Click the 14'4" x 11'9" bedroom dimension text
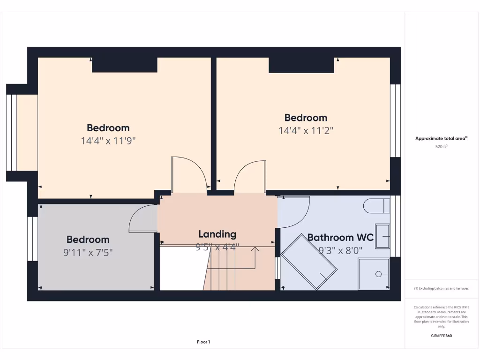click(108, 140)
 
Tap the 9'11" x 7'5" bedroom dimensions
click(88, 253)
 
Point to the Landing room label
click(217, 234)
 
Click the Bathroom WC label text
click(340, 238)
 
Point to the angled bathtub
click(308, 262)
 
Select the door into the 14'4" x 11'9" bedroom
click(188, 175)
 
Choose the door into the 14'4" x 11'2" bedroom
click(250, 176)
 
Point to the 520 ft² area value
click(441, 146)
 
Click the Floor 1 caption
click(203, 342)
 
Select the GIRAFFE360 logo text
click(441, 336)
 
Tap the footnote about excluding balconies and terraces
click(441, 288)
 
